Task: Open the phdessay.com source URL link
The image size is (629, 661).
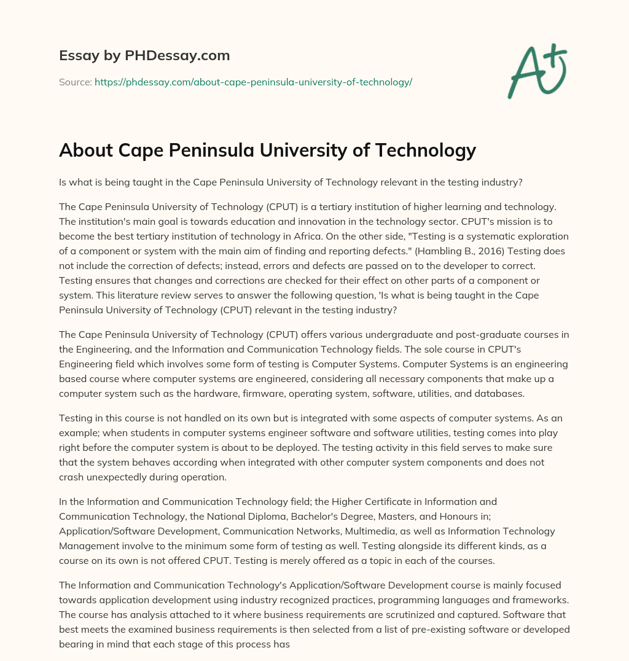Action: point(253,82)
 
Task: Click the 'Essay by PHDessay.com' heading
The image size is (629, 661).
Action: point(144,56)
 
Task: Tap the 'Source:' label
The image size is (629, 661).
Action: point(76,82)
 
